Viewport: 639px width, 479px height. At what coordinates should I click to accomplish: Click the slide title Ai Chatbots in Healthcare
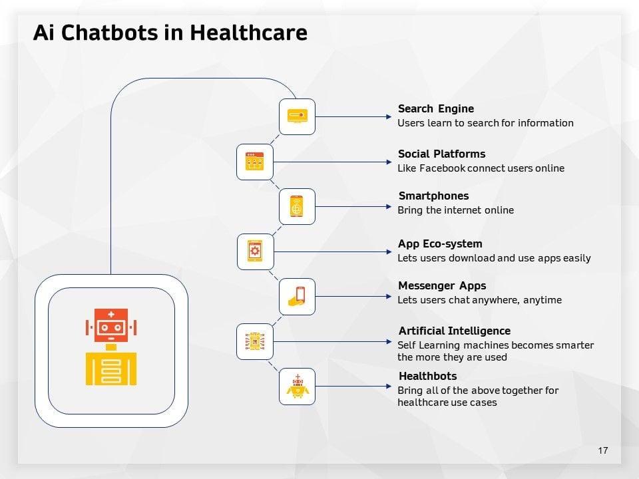tap(170, 33)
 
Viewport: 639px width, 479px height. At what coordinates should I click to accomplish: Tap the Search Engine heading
tap(435, 108)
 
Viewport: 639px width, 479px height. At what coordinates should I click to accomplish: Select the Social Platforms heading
tap(441, 154)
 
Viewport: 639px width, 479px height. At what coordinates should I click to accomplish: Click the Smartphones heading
tap(433, 196)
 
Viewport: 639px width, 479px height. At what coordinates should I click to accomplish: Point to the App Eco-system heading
tap(440, 243)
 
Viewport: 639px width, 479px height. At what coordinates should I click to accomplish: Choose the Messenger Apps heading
tap(442, 285)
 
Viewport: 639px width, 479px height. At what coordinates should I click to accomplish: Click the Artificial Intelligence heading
tap(455, 331)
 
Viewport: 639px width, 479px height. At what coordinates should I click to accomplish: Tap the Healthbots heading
tap(427, 376)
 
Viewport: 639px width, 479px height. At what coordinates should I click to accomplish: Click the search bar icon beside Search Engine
tap(297, 116)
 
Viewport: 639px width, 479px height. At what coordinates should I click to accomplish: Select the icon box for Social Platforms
tap(255, 162)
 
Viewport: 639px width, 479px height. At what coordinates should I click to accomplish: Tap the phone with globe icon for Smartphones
tap(297, 206)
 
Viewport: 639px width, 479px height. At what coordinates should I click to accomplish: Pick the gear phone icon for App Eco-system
tap(255, 251)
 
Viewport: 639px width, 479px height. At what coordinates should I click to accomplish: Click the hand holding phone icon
tap(297, 296)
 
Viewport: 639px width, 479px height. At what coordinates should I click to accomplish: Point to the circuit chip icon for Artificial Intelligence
tap(255, 341)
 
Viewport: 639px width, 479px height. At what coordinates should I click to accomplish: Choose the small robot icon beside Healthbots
tap(297, 387)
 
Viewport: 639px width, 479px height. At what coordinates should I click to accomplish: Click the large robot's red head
tap(111, 325)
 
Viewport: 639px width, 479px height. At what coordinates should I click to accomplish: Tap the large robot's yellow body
tap(111, 368)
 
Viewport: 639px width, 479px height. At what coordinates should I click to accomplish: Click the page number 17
tap(603, 451)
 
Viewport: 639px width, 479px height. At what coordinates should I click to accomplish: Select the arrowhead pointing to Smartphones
tap(389, 206)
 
